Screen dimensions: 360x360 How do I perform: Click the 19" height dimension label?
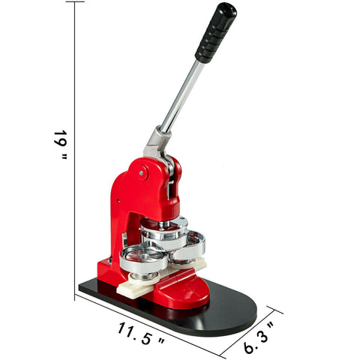tap(61, 145)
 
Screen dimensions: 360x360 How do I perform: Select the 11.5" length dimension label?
tap(141, 333)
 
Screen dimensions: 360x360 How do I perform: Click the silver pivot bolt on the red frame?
tap(142, 172)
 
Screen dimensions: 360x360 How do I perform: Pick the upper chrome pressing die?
tap(164, 232)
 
